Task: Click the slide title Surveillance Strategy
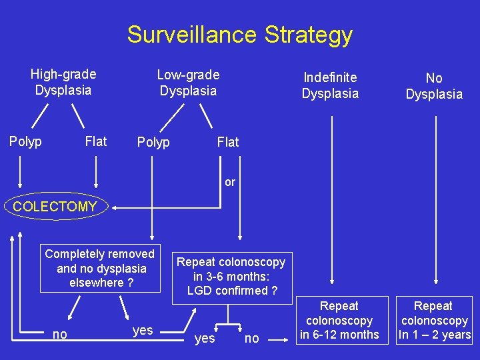coord(240,34)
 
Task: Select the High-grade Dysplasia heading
coord(63,82)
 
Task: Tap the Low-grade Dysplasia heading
coord(188,82)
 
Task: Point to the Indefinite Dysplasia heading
coord(330,85)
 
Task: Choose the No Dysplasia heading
coord(434,86)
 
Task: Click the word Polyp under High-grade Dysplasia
coord(25,141)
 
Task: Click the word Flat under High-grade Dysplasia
coord(96,141)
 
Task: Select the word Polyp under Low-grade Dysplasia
coord(153,142)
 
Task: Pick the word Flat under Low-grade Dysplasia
coord(228,142)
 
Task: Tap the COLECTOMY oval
coord(55,207)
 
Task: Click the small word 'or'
coord(230,181)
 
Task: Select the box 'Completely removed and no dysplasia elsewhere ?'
coord(100,268)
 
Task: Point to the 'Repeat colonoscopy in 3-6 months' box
coord(231,276)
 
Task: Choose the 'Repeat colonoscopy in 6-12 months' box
coord(339,320)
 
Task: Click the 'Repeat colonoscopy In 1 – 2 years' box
coord(433,320)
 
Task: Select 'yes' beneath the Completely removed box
coord(143,330)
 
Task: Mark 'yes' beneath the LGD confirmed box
coord(204,339)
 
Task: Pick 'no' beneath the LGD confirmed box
coord(252,339)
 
